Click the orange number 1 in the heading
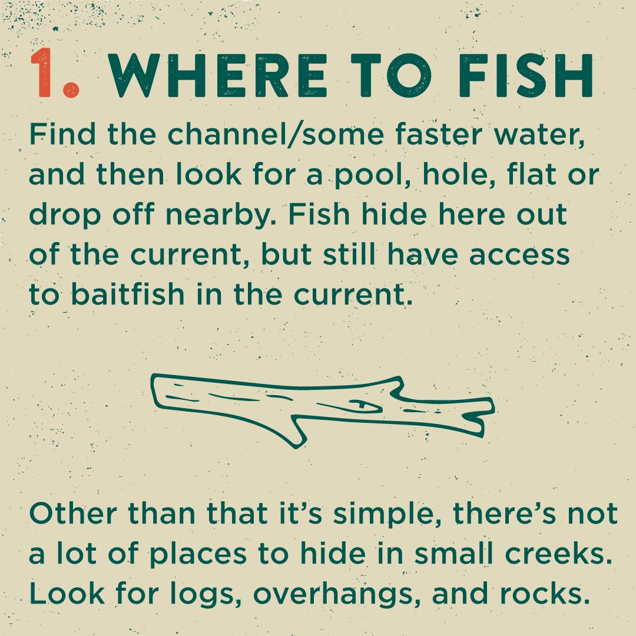[41, 73]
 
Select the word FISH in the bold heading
[526, 75]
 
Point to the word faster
[439, 134]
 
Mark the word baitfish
[128, 294]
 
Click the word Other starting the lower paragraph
[74, 514]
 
